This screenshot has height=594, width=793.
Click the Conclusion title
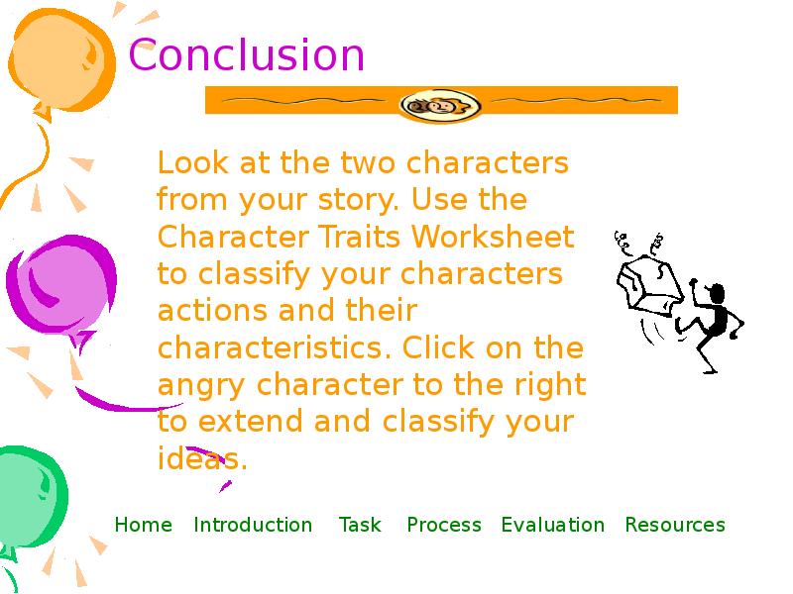(x=246, y=54)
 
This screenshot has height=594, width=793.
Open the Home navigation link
(x=143, y=525)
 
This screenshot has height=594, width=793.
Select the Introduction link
(x=253, y=525)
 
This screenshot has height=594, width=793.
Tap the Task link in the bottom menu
(x=360, y=525)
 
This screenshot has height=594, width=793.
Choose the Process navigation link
(x=444, y=525)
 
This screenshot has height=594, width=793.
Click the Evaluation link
(x=553, y=525)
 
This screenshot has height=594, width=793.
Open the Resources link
(x=675, y=525)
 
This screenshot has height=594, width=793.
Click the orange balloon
(x=60, y=60)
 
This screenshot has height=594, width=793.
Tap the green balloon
(x=31, y=498)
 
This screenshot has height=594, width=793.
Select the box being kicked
(x=649, y=284)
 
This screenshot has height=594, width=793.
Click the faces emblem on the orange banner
(x=440, y=105)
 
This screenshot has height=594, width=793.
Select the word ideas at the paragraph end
(x=202, y=458)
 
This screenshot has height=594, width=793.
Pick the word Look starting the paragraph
(x=192, y=162)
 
